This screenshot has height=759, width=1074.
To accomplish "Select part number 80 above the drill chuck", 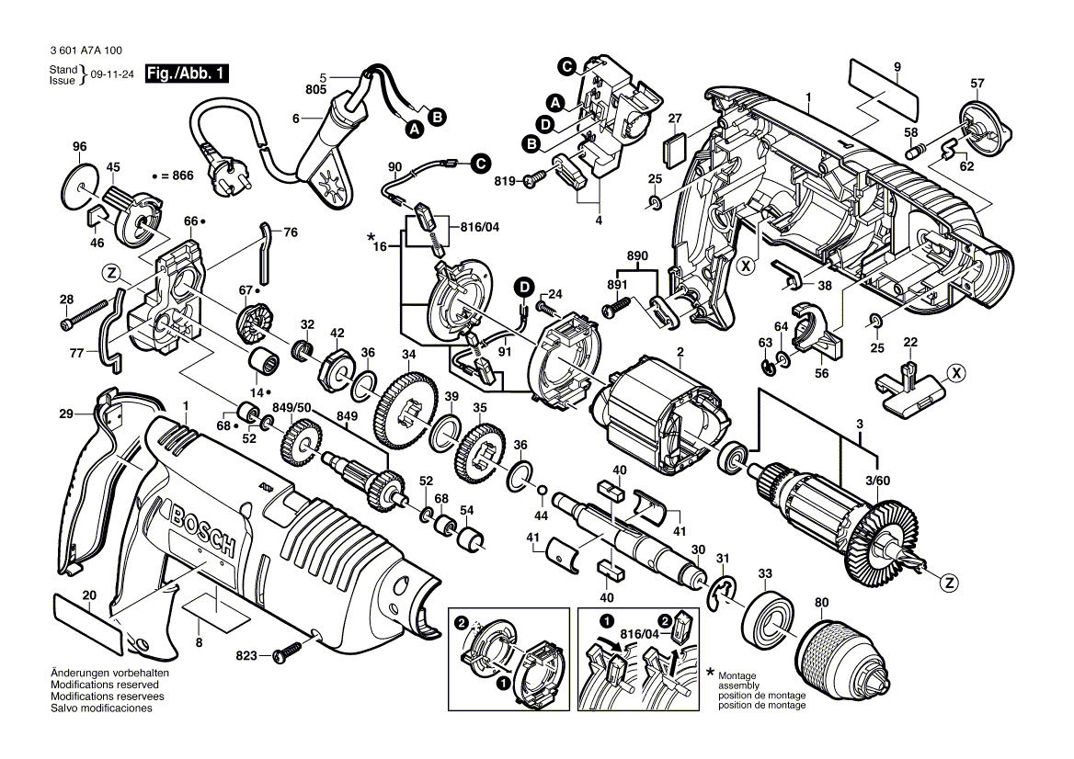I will (820, 604).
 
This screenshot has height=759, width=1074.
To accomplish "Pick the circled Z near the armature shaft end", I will (949, 581).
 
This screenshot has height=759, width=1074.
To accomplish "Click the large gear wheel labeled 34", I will (404, 403).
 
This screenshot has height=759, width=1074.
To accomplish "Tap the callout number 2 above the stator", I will (680, 353).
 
